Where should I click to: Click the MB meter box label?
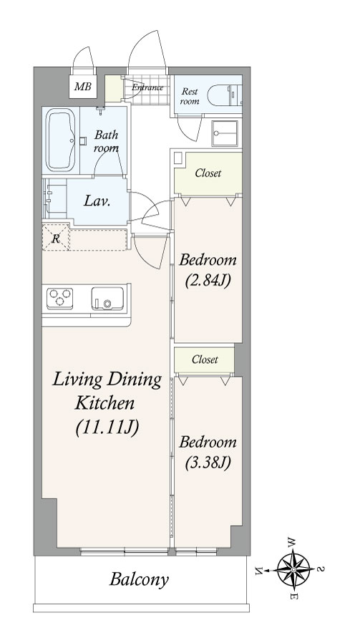point(82,87)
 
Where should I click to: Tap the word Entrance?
point(147,87)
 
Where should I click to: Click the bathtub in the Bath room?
point(60,140)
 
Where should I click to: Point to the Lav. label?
point(97,201)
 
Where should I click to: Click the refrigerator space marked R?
point(56,238)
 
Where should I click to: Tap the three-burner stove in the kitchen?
point(60,298)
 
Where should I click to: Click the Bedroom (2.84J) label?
point(208,270)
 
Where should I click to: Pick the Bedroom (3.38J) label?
point(208,453)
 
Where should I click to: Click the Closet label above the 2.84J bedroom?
point(208,173)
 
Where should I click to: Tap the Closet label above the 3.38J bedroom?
point(205,359)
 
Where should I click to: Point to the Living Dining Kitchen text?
point(107,391)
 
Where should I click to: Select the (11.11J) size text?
point(107,427)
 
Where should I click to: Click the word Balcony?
point(139,580)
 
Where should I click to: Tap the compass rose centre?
point(293,569)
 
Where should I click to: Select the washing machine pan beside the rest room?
point(224,133)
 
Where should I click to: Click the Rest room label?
point(190,96)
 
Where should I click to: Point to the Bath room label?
point(106,140)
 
